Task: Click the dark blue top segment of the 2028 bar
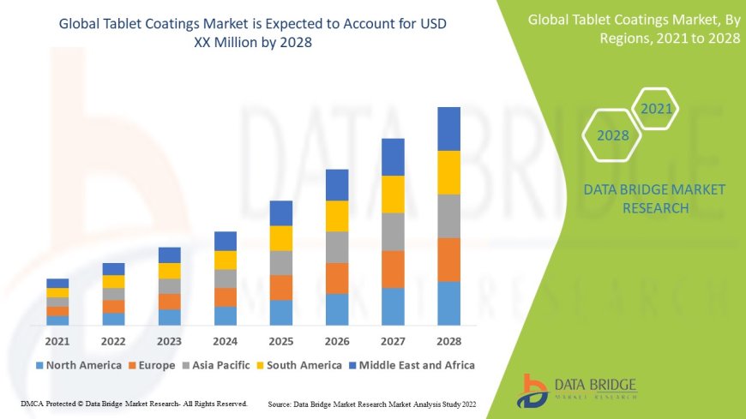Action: [448, 129]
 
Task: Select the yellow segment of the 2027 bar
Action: [393, 194]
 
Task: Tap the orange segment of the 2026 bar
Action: [337, 278]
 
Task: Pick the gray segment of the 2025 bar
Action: [281, 262]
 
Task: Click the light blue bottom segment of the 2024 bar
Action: [226, 316]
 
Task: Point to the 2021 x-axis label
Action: [57, 340]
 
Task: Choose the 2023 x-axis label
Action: [170, 340]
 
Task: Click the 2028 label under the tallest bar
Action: [448, 340]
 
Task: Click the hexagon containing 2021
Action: [657, 109]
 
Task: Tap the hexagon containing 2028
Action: [612, 135]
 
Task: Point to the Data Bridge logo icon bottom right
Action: [533, 390]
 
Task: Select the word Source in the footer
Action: [282, 403]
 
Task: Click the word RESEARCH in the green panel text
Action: [654, 208]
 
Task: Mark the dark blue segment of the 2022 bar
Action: [113, 269]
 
